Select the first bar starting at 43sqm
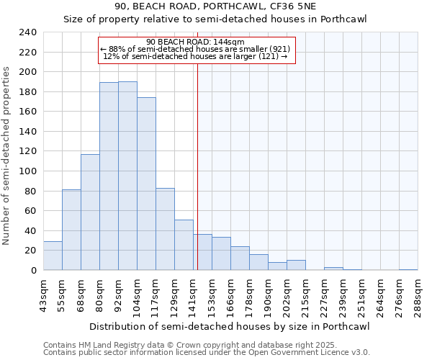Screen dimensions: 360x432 point(53,256)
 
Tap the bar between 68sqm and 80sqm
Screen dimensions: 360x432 point(90,212)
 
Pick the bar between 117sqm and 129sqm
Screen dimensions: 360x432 point(165,229)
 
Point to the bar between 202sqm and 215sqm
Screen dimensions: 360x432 point(296,265)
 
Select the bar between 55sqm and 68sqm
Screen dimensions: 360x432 point(71,230)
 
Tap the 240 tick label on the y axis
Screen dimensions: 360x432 point(27,32)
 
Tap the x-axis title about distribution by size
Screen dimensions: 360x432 point(230,326)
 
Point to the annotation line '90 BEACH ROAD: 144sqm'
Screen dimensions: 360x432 point(195,42)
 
